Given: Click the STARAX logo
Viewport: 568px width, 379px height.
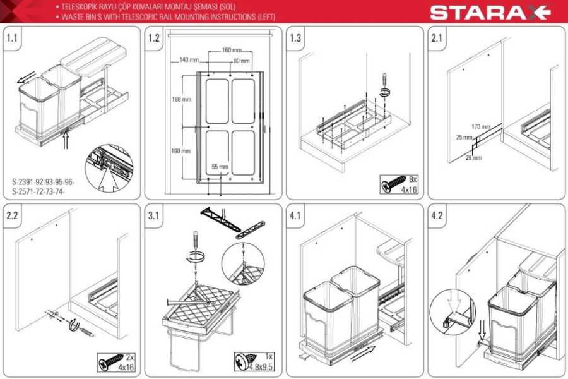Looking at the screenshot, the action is click(x=490, y=13).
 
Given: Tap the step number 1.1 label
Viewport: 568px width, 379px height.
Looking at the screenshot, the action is click(x=12, y=38).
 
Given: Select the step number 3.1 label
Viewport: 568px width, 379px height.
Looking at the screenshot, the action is click(x=153, y=215).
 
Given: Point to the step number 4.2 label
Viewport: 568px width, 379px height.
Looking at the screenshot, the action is click(x=437, y=215).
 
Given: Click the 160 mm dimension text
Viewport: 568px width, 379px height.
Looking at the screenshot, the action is click(x=232, y=50).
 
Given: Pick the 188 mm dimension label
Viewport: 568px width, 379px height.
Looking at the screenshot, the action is click(x=182, y=99).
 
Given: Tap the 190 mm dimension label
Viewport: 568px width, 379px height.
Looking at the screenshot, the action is click(x=180, y=151).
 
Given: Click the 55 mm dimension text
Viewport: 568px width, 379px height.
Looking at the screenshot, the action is click(x=220, y=167).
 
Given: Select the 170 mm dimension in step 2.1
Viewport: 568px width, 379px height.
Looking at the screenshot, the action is click(x=481, y=126).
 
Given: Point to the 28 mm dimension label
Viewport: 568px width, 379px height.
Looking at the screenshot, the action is click(x=474, y=158).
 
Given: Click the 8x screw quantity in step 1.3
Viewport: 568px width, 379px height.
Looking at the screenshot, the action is click(x=413, y=179).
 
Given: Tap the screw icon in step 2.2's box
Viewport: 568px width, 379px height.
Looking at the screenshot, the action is click(x=112, y=361).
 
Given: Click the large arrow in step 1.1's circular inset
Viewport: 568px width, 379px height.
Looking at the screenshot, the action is click(x=109, y=179).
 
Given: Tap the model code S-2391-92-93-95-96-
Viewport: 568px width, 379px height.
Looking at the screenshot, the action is click(x=43, y=182).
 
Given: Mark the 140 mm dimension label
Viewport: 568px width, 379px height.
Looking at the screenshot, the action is click(x=189, y=59).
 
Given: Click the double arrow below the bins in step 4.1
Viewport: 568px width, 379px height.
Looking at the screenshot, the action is click(x=364, y=353).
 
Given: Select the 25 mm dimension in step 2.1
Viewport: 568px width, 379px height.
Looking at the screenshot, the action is click(x=464, y=138).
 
